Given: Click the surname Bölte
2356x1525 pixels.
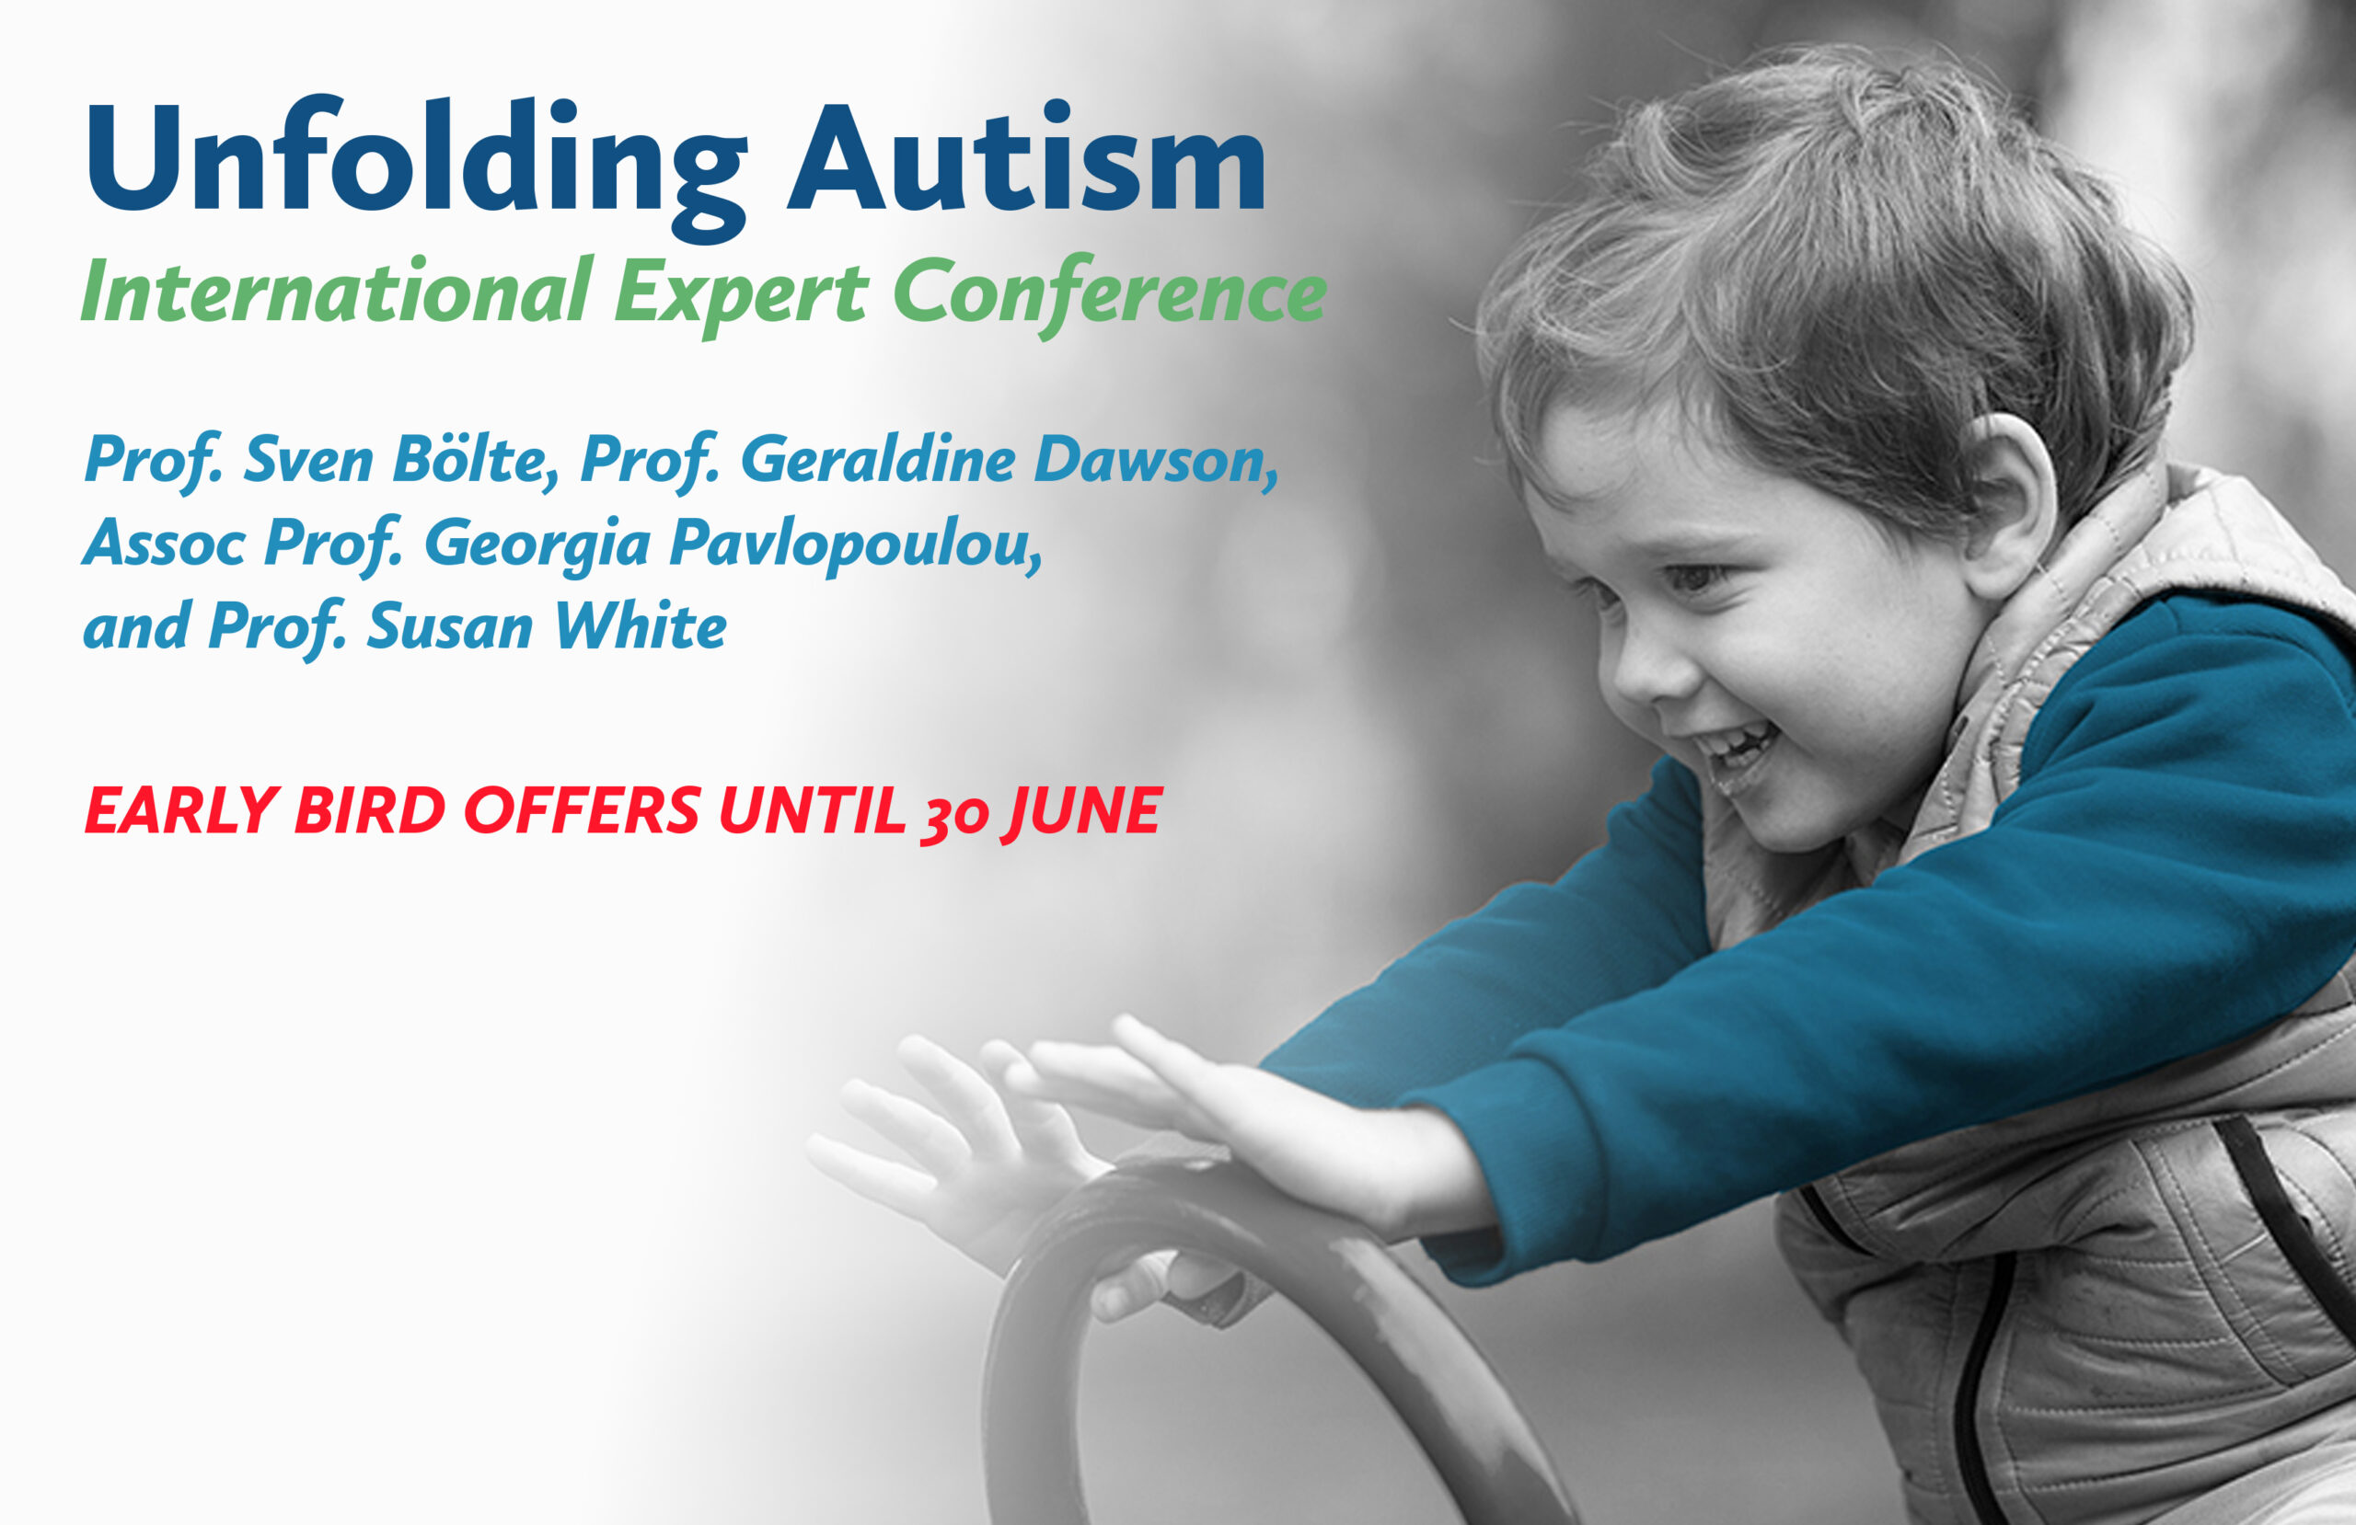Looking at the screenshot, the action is [x=476, y=461].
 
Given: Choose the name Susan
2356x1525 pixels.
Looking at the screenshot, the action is [x=450, y=627].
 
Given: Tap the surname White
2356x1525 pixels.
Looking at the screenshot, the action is [x=641, y=625].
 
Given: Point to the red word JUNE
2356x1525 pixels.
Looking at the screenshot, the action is [x=1081, y=812].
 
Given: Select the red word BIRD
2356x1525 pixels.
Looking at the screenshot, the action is [x=370, y=810].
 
